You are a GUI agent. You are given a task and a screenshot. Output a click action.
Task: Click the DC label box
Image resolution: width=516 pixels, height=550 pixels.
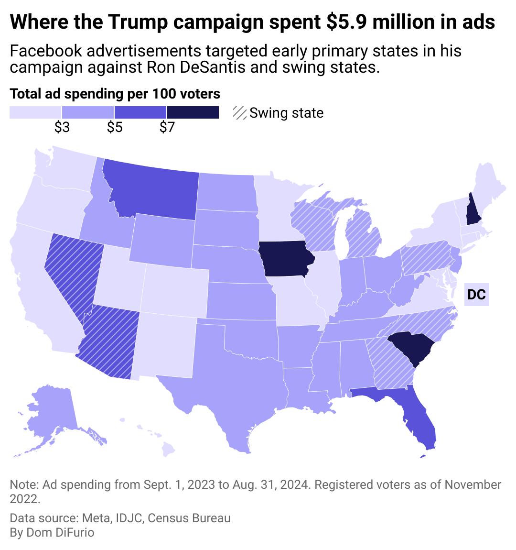coord(476,294)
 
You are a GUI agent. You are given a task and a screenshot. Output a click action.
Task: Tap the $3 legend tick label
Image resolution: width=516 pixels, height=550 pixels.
coord(62,128)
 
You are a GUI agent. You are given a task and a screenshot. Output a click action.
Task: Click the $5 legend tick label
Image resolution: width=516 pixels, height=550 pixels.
coord(114,128)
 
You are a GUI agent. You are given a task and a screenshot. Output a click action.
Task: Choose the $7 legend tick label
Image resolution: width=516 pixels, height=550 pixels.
coord(167,128)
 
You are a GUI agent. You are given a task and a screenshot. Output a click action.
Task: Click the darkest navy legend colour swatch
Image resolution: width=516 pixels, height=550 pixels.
coord(193,112)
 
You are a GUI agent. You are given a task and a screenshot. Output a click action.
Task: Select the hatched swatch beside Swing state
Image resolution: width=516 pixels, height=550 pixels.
coord(240,113)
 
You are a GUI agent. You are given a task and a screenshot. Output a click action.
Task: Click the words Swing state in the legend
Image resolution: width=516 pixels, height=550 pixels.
coord(287,113)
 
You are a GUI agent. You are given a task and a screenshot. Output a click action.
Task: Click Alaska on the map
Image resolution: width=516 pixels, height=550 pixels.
coord(53,411)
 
